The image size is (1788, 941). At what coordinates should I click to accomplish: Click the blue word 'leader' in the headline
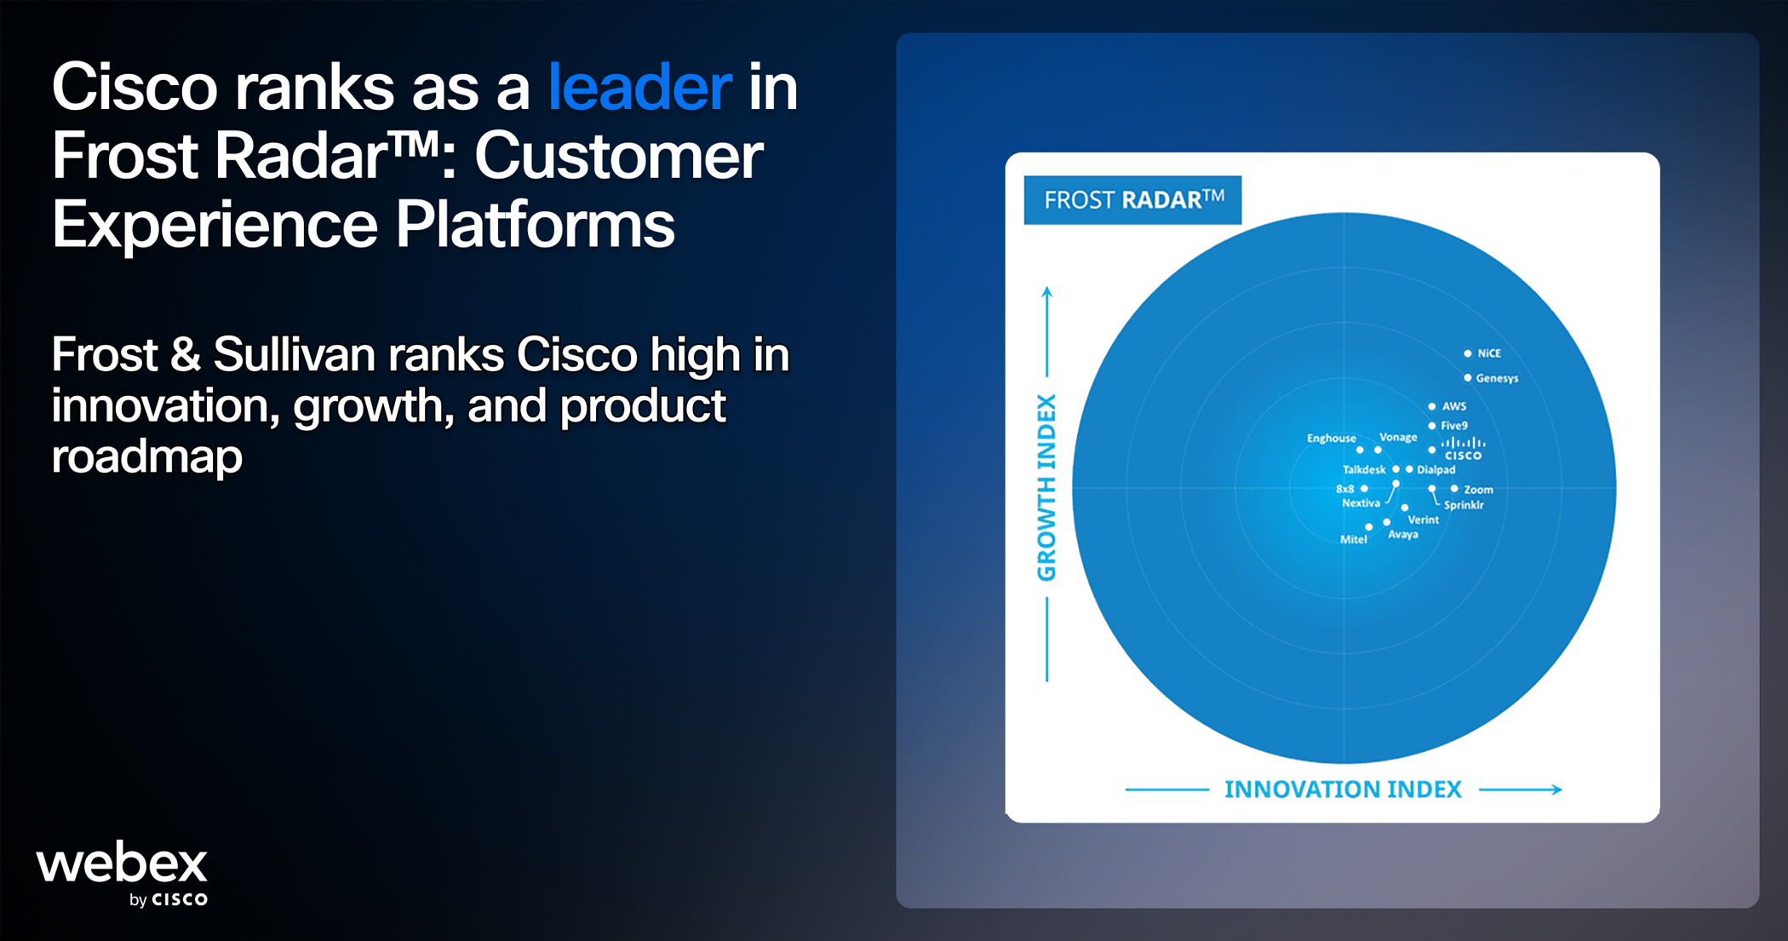click(639, 87)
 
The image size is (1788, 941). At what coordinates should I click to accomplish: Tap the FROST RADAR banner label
click(1132, 200)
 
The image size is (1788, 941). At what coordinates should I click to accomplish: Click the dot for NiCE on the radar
click(1468, 353)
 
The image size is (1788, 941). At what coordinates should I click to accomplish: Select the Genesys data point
click(1468, 378)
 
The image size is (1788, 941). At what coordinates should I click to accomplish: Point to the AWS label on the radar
click(1454, 406)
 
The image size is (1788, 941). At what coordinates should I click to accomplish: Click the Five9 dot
click(1432, 426)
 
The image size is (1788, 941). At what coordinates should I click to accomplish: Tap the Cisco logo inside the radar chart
click(1464, 449)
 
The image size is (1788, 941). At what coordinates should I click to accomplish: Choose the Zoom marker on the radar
click(1454, 489)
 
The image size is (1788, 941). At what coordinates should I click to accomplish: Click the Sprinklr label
click(1464, 505)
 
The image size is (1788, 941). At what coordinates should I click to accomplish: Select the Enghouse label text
click(1332, 439)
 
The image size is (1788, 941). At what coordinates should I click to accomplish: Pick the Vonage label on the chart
click(1398, 438)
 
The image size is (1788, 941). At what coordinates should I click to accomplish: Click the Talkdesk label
click(1364, 470)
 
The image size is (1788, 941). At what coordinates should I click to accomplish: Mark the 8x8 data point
click(1364, 489)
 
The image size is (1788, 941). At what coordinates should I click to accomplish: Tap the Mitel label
click(1353, 540)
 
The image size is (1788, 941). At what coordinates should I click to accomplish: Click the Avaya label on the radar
click(1403, 535)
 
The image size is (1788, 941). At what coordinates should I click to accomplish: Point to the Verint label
click(1423, 519)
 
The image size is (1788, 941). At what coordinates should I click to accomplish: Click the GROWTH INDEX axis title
click(1046, 487)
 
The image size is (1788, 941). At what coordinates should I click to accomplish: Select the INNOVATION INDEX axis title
click(1343, 789)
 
